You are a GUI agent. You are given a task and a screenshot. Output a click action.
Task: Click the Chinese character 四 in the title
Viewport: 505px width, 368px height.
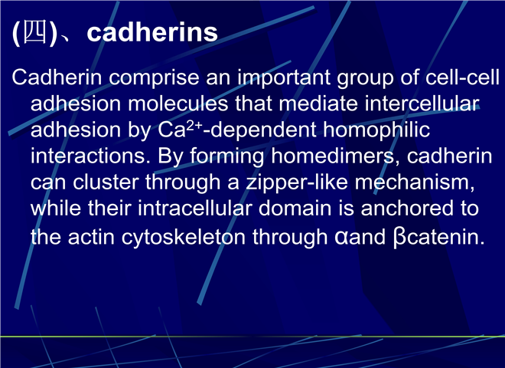[x=35, y=32]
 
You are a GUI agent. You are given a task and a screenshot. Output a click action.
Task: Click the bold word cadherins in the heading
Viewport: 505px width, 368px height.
[x=152, y=32]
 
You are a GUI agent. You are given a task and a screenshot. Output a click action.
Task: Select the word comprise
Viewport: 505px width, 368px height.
[x=155, y=78]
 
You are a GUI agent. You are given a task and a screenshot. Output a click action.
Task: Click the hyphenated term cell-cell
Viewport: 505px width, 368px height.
[x=462, y=77]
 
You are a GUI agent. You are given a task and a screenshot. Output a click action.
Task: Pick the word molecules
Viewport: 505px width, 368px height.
[x=178, y=103]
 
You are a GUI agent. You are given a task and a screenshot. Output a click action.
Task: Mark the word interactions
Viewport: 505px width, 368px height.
[x=90, y=156]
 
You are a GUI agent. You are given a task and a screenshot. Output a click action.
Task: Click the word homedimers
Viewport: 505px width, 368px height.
[x=336, y=157]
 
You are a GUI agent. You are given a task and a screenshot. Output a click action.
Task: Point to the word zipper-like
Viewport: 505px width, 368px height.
[x=297, y=183]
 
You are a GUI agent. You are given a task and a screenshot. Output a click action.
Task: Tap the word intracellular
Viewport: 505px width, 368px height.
[x=195, y=209]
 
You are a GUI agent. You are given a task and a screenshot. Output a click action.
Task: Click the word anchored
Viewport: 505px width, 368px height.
[x=408, y=209]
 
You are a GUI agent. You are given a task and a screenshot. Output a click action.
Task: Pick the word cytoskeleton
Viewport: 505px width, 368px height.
[x=184, y=238]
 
